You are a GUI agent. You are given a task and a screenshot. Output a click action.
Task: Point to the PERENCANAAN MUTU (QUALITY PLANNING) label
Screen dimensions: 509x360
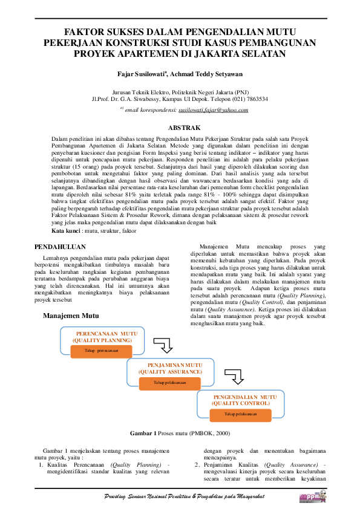click(106, 337)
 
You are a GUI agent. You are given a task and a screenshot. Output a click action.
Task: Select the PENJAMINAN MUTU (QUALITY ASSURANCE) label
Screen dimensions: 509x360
click(175, 369)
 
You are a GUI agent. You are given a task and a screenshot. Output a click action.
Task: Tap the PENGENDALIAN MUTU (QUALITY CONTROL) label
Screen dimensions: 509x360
click(244, 400)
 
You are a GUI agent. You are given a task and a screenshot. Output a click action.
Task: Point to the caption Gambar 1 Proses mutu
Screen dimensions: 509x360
click(180, 433)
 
